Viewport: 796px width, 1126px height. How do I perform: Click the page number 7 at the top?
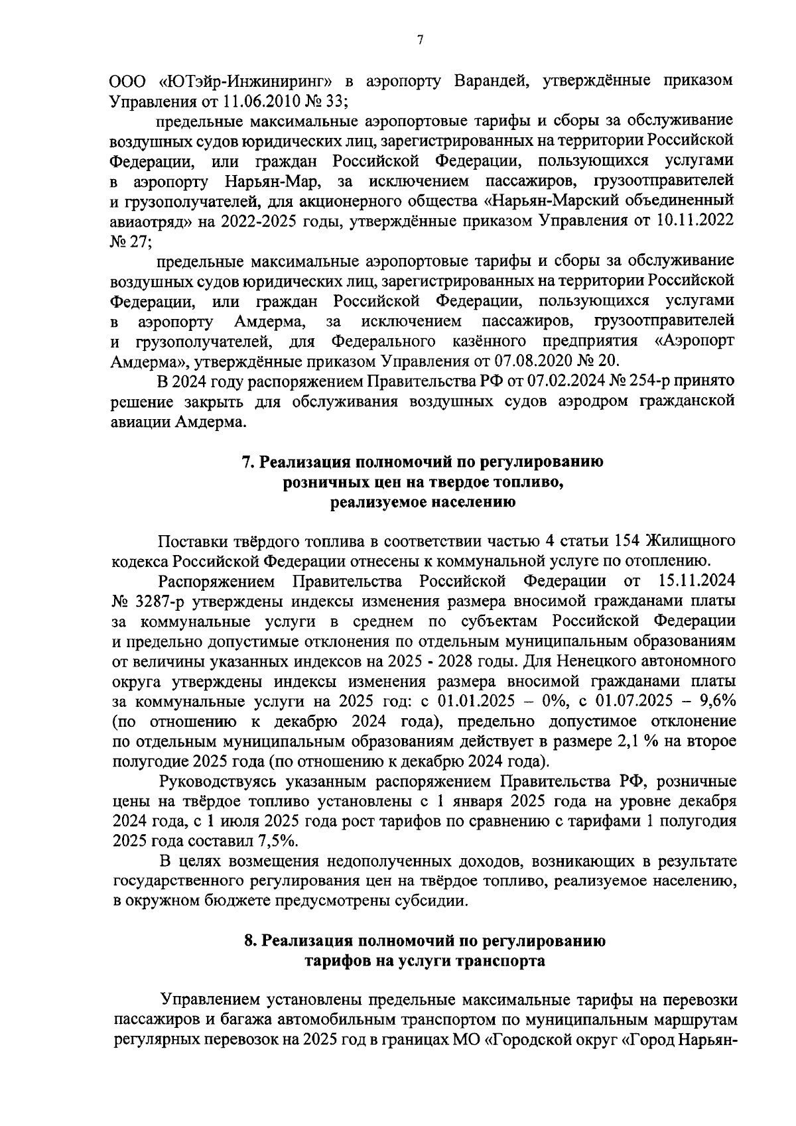[419, 40]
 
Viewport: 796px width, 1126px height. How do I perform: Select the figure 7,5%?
[276, 840]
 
